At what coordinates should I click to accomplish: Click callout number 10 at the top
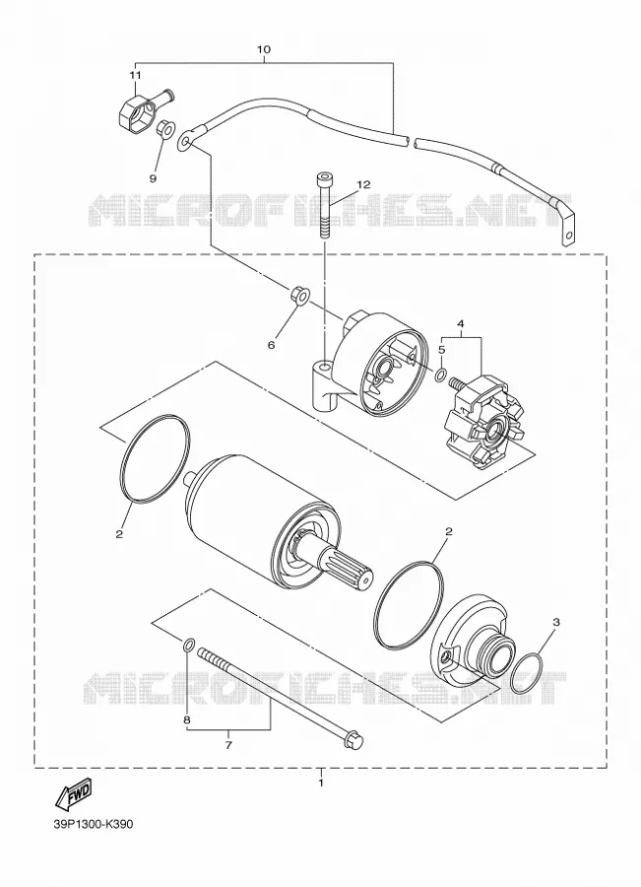[x=264, y=49]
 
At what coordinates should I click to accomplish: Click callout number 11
[x=135, y=75]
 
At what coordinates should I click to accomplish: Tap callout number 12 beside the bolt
[x=363, y=184]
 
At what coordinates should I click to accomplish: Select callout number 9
[x=153, y=178]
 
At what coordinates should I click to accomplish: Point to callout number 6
[x=272, y=345]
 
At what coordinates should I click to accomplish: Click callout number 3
[x=556, y=622]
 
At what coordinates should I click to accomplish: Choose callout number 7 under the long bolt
[x=228, y=744]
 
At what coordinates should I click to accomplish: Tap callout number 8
[x=186, y=720]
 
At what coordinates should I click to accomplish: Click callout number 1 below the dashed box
[x=321, y=784]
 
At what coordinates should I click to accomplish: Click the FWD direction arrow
[x=72, y=795]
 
